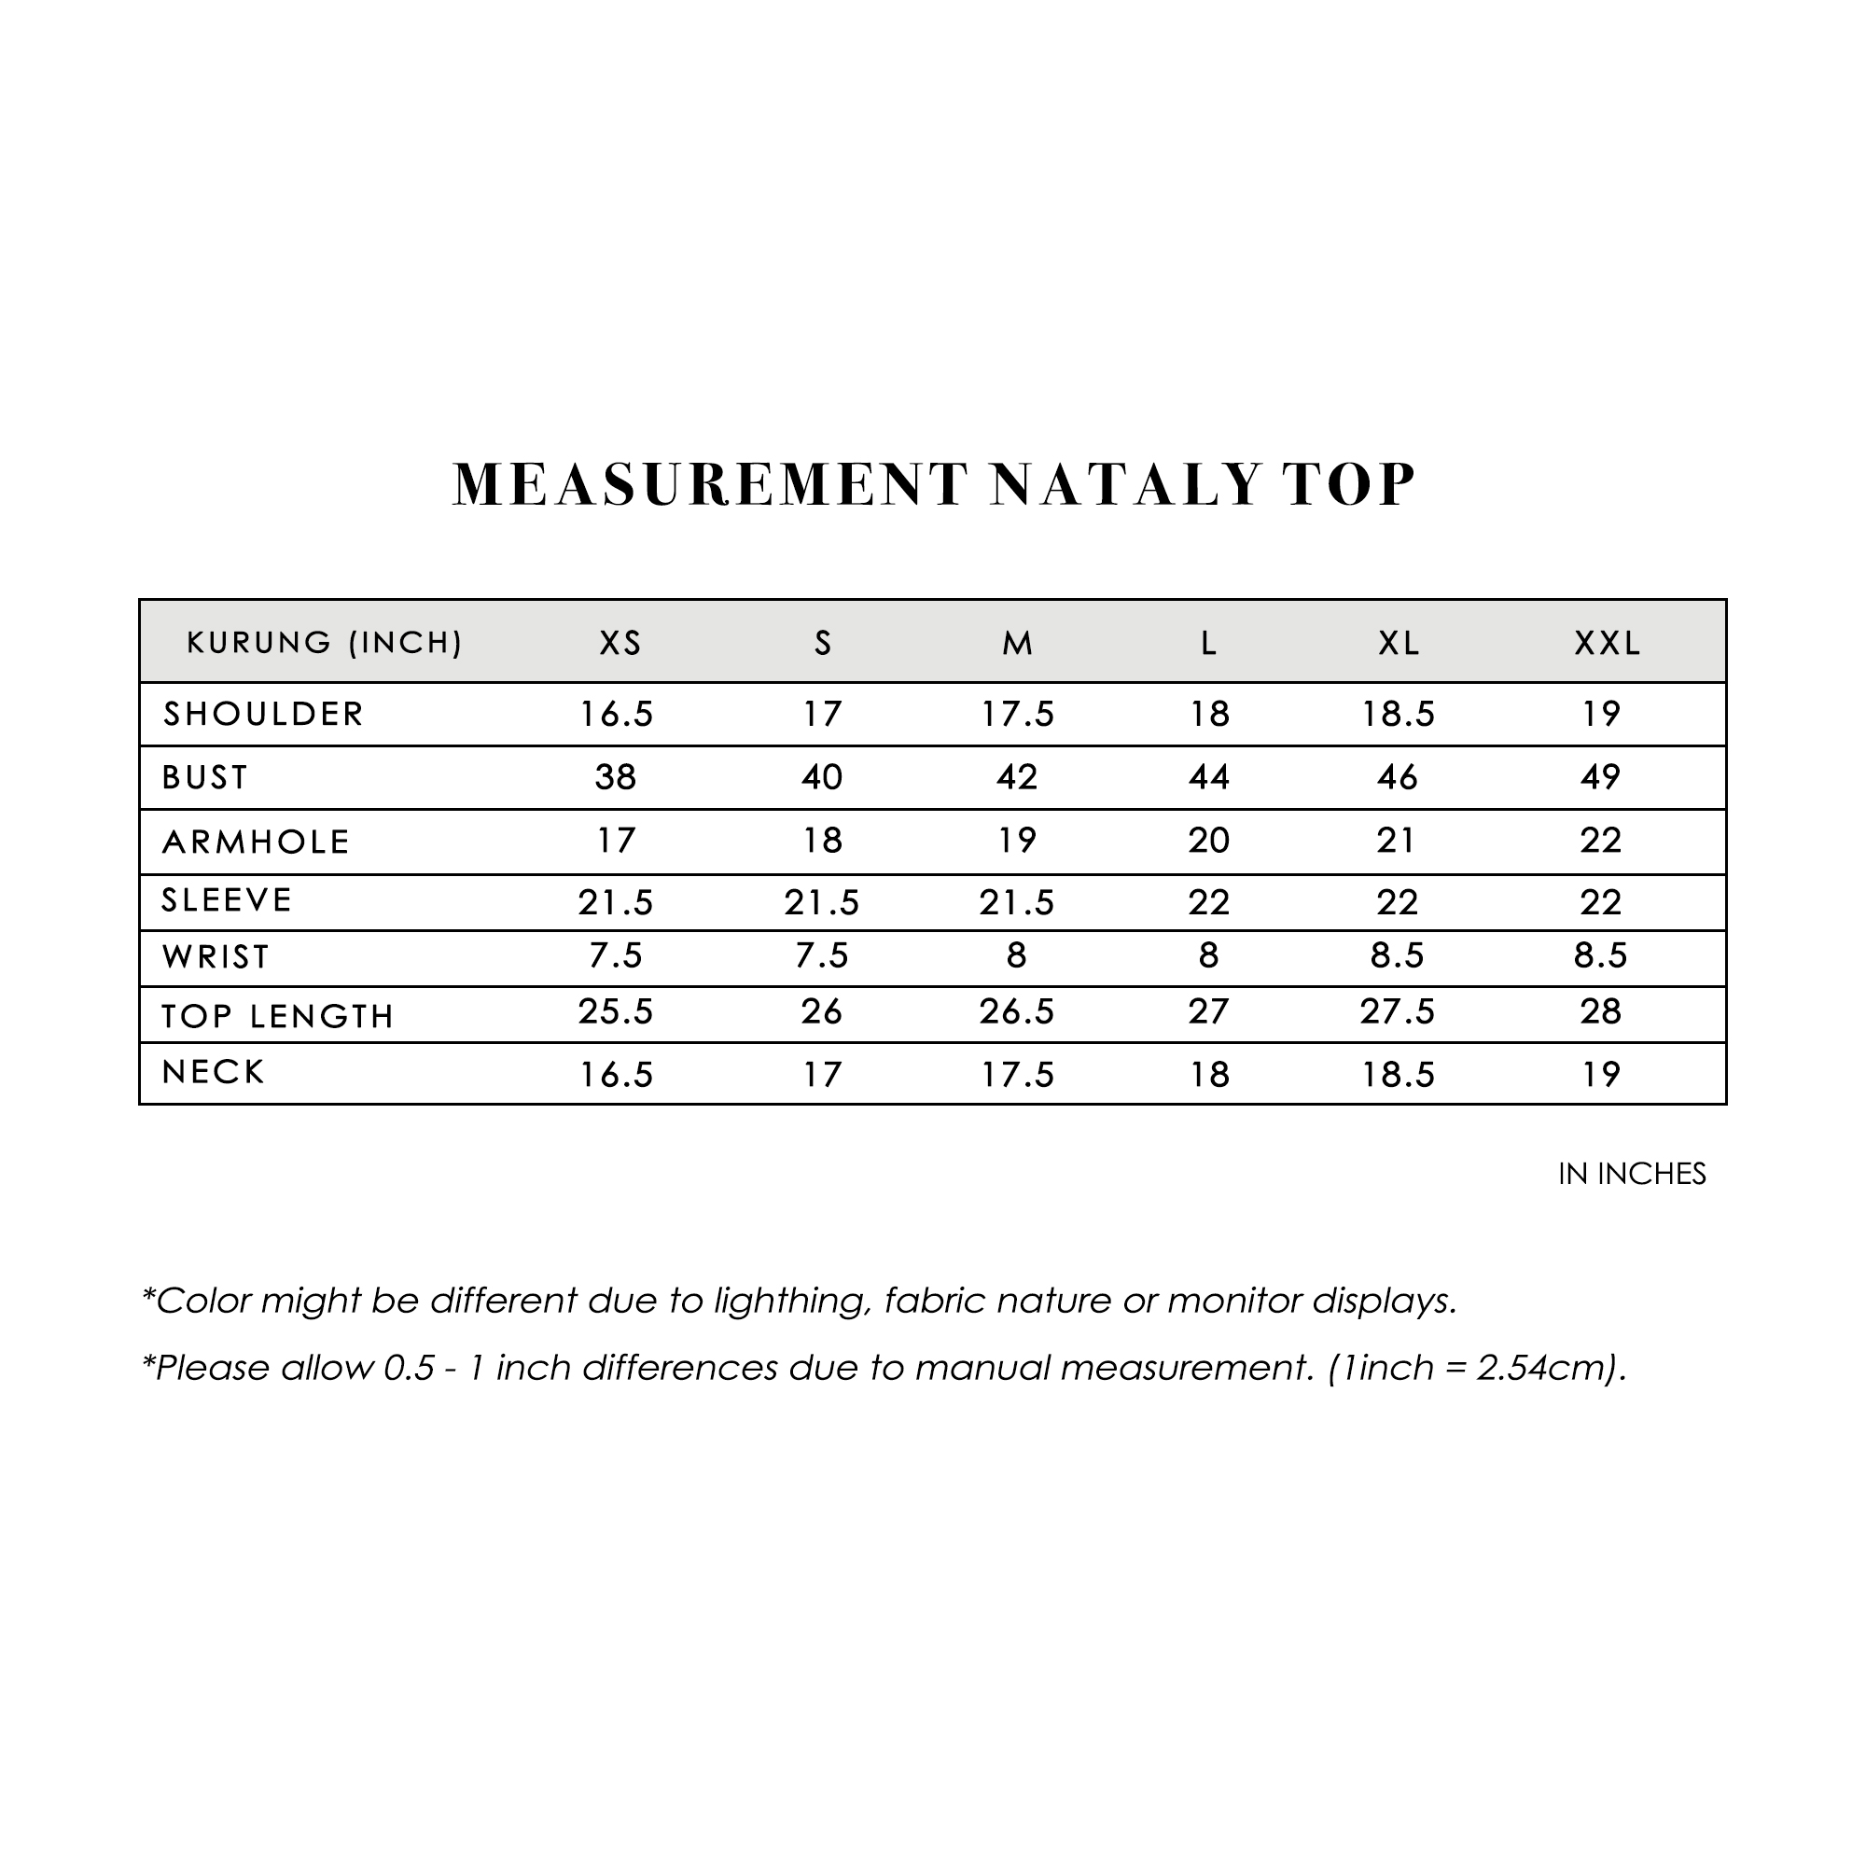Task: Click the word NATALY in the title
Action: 1126,485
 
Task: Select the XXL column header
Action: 1608,643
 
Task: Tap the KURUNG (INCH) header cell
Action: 325,643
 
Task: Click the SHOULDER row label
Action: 263,715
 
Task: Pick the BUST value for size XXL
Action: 1599,777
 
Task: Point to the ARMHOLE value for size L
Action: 1208,842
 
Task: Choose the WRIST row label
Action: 216,957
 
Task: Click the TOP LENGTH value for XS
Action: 615,1012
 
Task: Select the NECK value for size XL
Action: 1398,1075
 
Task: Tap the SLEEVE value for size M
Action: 1016,903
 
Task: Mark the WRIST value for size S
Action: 821,956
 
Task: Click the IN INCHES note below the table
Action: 1631,1175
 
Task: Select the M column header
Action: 1017,643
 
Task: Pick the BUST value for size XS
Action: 615,777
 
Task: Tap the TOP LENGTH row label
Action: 277,1016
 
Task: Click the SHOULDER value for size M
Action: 1017,715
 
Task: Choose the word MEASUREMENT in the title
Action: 710,485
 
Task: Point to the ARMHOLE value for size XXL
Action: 1599,842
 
